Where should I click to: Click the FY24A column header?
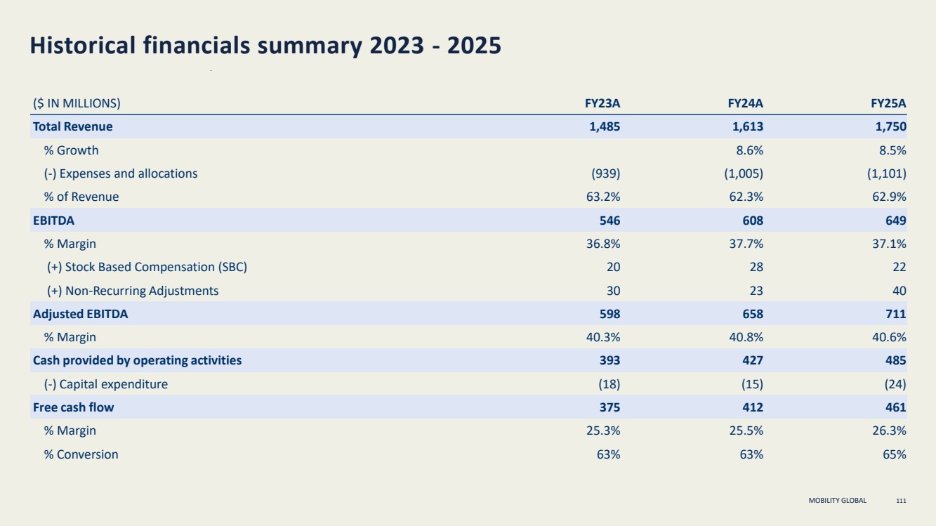coord(746,103)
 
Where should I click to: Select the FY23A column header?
coord(602,103)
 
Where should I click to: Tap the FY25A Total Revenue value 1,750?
coord(891,126)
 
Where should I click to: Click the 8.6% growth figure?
coord(750,150)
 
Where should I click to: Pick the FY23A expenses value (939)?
coord(605,173)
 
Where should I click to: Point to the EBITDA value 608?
coord(753,221)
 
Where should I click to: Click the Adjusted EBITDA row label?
coord(80,314)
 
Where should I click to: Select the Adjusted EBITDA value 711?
coord(896,314)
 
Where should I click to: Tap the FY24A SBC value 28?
coord(756,267)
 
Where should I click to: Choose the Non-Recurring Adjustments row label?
coord(133,291)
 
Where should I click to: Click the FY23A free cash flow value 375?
coord(609,407)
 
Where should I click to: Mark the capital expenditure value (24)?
coord(895,384)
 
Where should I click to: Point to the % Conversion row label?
coord(81,454)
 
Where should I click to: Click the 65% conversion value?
coord(895,454)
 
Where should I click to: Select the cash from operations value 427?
coord(753,360)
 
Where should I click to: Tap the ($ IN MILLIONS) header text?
coord(77,103)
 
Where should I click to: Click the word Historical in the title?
coord(83,45)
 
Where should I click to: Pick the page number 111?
coord(902,501)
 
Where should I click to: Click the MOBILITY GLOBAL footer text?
coord(838,501)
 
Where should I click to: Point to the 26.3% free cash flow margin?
coord(889,430)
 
